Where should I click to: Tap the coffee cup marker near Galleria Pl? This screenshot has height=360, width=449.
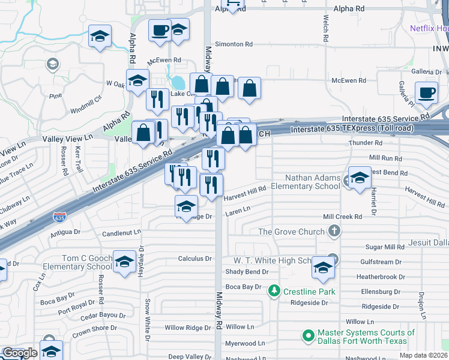tap(426, 93)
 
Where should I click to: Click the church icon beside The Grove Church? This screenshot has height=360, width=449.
tap(334, 231)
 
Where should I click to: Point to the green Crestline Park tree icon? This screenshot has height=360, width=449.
tap(274, 291)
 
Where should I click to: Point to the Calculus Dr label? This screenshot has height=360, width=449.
tap(195, 259)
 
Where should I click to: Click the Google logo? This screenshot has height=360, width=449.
tap(20, 353)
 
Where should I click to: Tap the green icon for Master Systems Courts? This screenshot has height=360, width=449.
tap(309, 335)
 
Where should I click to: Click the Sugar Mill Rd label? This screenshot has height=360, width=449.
tap(385, 247)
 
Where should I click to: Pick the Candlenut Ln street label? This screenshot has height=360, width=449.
tap(121, 231)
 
